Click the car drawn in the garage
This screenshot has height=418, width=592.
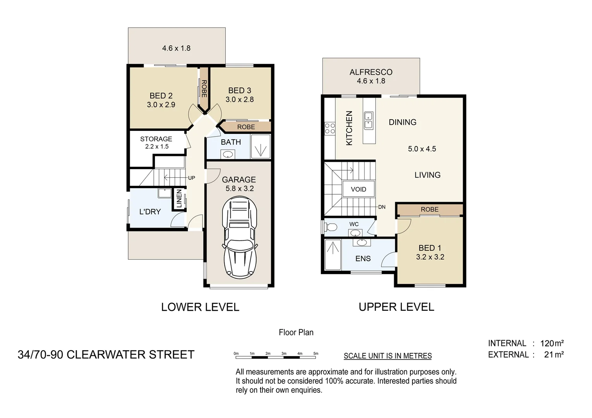[x=239, y=237]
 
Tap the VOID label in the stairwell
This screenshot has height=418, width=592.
[x=358, y=189]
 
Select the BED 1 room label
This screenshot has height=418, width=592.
[x=429, y=248]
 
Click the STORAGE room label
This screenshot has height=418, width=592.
[x=156, y=139]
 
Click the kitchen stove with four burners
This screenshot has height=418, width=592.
[x=330, y=128]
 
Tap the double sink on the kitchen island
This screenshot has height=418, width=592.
[x=369, y=120]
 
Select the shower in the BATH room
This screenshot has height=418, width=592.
[x=261, y=146]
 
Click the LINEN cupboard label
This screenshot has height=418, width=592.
[x=179, y=199]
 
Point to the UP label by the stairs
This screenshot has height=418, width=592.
[x=191, y=178]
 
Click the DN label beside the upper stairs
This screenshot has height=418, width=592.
[x=382, y=207]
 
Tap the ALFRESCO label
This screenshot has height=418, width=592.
[x=371, y=72]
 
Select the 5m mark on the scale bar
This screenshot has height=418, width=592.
[x=316, y=353]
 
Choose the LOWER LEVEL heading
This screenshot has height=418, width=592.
[x=200, y=307]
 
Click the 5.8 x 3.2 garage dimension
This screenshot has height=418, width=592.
[x=239, y=188]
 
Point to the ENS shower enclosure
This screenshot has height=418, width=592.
[x=333, y=255]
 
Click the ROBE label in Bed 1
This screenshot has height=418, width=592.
[x=429, y=209]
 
